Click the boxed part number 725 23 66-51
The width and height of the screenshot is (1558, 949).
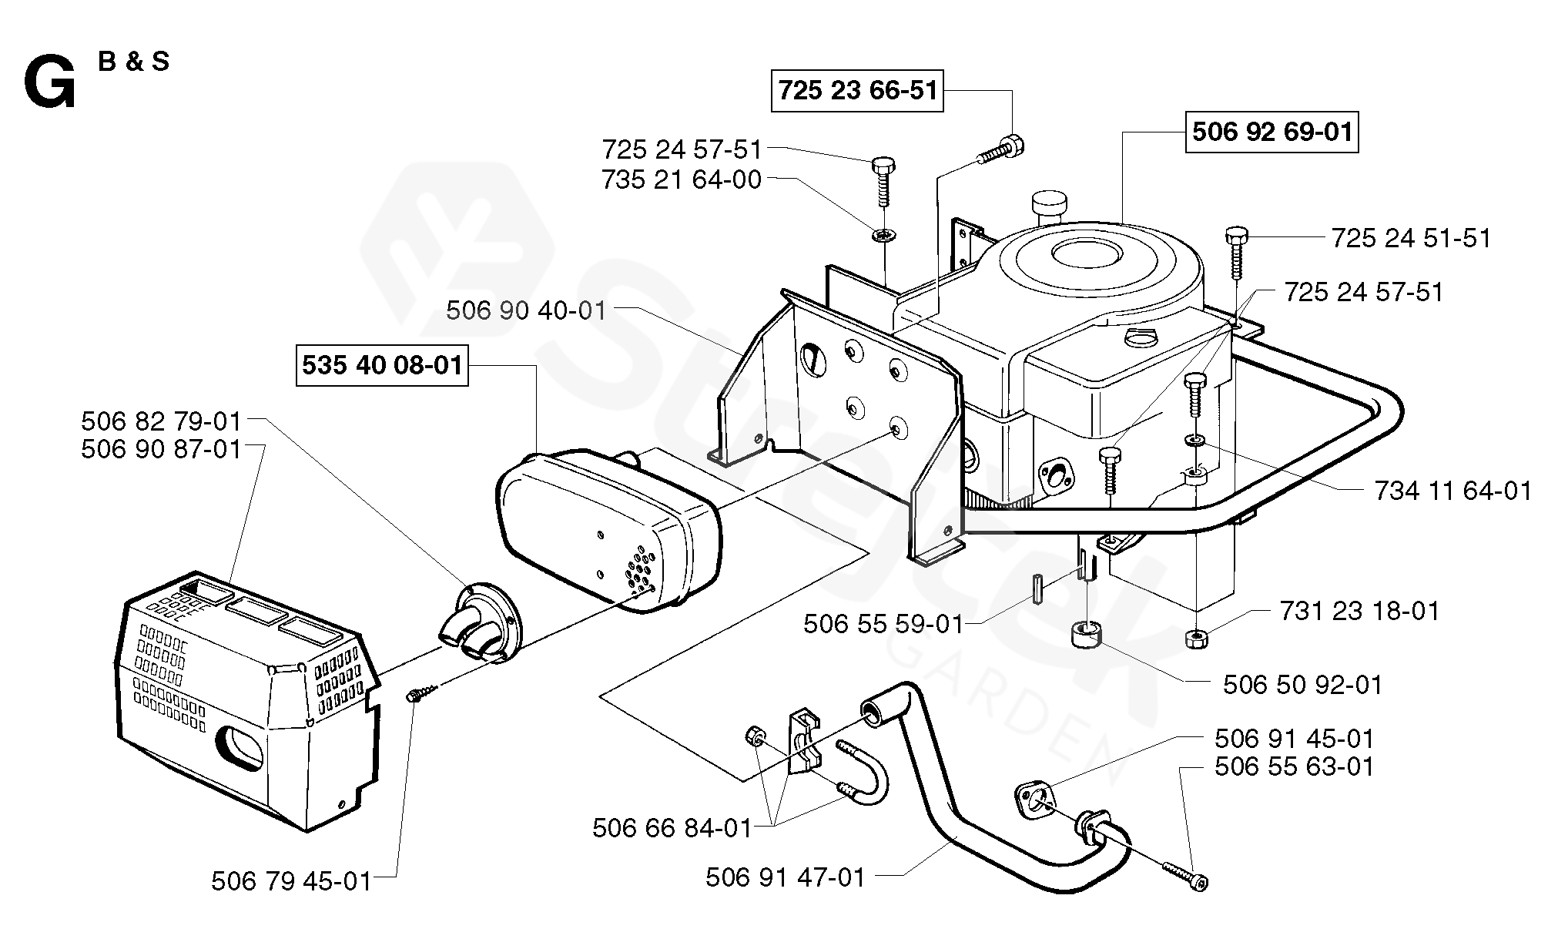pyautogui.click(x=857, y=91)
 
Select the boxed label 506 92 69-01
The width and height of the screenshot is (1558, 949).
pyautogui.click(x=1272, y=132)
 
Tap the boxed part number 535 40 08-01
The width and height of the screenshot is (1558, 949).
pyautogui.click(x=382, y=365)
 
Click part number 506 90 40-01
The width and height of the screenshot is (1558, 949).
pyautogui.click(x=526, y=311)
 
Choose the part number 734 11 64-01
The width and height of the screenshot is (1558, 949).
pyautogui.click(x=1452, y=491)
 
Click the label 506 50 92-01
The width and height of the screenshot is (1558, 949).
pyautogui.click(x=1302, y=684)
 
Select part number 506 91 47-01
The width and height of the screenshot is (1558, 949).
pyautogui.click(x=786, y=877)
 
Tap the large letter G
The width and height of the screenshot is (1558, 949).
pyautogui.click(x=50, y=85)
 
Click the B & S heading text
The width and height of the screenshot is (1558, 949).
pyautogui.click(x=133, y=62)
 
